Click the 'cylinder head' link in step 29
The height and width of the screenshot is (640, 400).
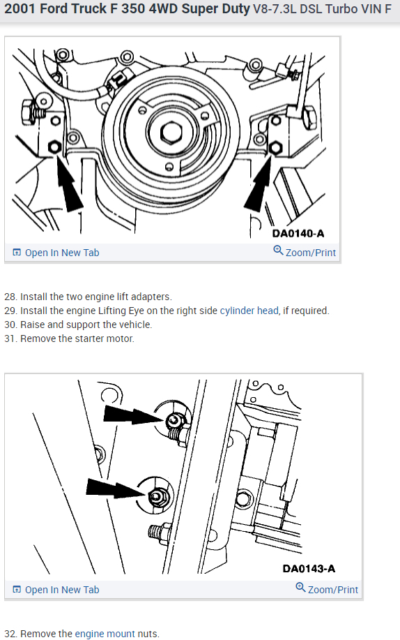pyautogui.click(x=249, y=311)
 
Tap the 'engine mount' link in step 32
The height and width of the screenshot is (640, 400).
pyautogui.click(x=105, y=634)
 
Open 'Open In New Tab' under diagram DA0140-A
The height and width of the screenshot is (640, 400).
pyautogui.click(x=56, y=253)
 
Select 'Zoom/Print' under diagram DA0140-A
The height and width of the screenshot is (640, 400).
pyautogui.click(x=305, y=252)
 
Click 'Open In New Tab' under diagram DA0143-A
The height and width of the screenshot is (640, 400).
pyautogui.click(x=56, y=590)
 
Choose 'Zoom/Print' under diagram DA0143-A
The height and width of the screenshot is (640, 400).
pyautogui.click(x=327, y=589)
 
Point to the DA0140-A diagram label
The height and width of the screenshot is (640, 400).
pyautogui.click(x=298, y=234)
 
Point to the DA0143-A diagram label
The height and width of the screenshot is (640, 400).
pyautogui.click(x=309, y=569)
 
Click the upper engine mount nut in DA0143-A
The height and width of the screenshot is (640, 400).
pyautogui.click(x=174, y=420)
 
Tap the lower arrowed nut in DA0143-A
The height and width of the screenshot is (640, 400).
pyautogui.click(x=156, y=496)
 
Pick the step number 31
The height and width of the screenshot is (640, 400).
pyautogui.click(x=10, y=338)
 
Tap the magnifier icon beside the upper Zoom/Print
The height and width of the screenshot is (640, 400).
pyautogui.click(x=278, y=250)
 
